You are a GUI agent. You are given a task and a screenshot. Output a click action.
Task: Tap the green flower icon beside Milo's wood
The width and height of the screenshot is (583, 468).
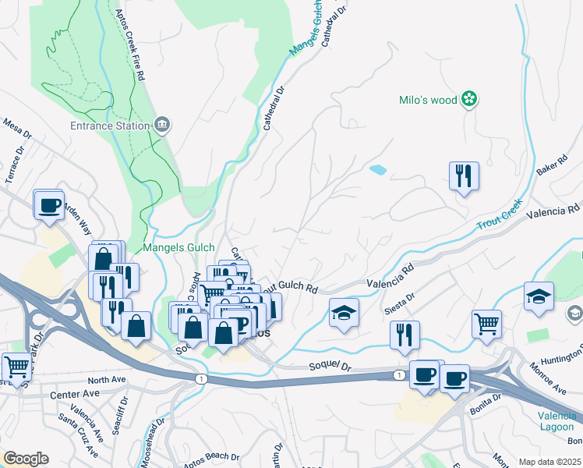tap(469, 99)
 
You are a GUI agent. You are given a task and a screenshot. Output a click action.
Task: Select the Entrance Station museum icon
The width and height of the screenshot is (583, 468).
tap(162, 124)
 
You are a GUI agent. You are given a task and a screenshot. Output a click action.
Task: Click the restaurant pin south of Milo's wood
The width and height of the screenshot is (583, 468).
tap(464, 176)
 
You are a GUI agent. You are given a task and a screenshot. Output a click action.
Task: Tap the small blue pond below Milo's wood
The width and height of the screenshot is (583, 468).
tap(377, 168)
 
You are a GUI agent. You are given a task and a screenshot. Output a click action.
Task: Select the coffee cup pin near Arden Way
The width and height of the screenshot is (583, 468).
tap(48, 205)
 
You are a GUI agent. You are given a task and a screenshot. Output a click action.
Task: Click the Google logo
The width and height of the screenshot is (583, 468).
tap(25, 459)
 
